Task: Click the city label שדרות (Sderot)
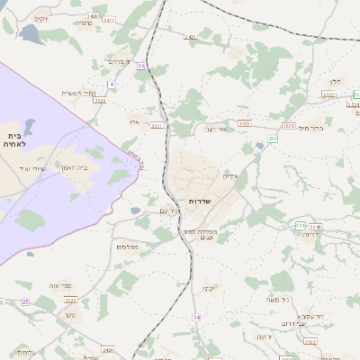pyautogui.click(x=200, y=200)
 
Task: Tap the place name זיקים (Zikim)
pyautogui.click(x=41, y=18)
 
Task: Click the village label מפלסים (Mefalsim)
pyautogui.click(x=127, y=246)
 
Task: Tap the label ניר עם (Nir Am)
pyautogui.click(x=171, y=211)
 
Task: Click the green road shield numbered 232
pyautogui.click(x=273, y=139)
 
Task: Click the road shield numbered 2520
pyautogui.click(x=108, y=349)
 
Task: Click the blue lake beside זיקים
pyautogui.click(x=30, y=34)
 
